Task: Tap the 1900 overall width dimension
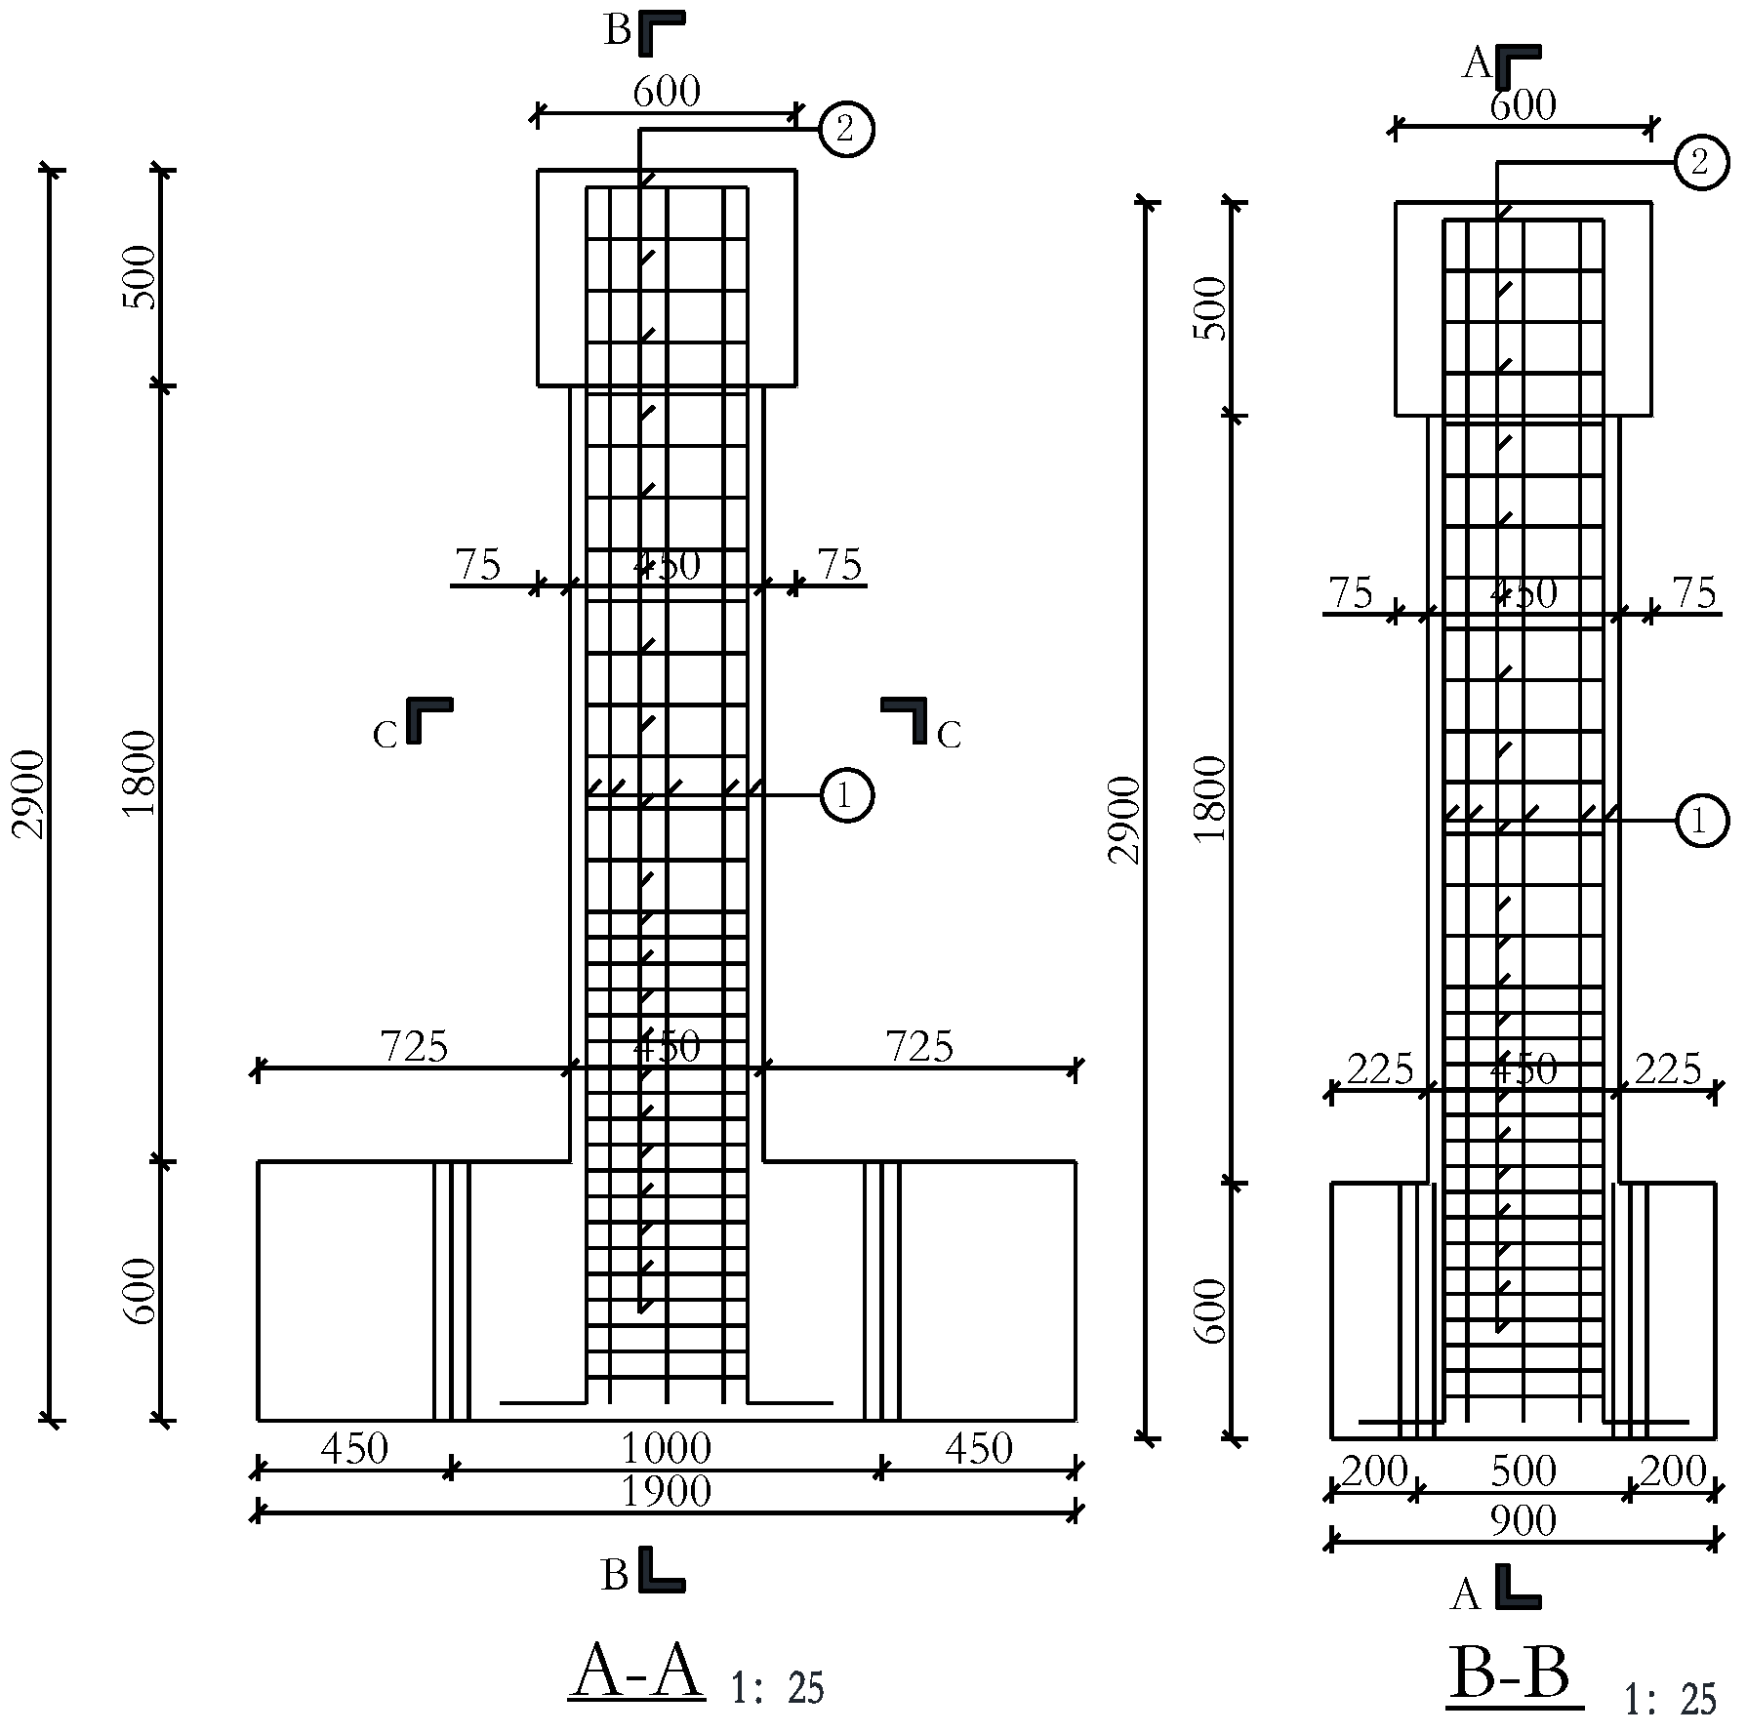(667, 1491)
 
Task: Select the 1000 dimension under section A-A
(667, 1448)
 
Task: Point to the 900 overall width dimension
(1523, 1520)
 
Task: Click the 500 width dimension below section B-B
(1523, 1471)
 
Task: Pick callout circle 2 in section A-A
(845, 129)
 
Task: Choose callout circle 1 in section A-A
(846, 795)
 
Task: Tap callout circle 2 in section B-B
(1701, 162)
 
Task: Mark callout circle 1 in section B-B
(1701, 821)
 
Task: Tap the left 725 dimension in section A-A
(414, 1047)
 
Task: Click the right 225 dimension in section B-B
(1668, 1069)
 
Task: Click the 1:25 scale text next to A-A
(778, 1688)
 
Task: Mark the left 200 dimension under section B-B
(1374, 1471)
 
